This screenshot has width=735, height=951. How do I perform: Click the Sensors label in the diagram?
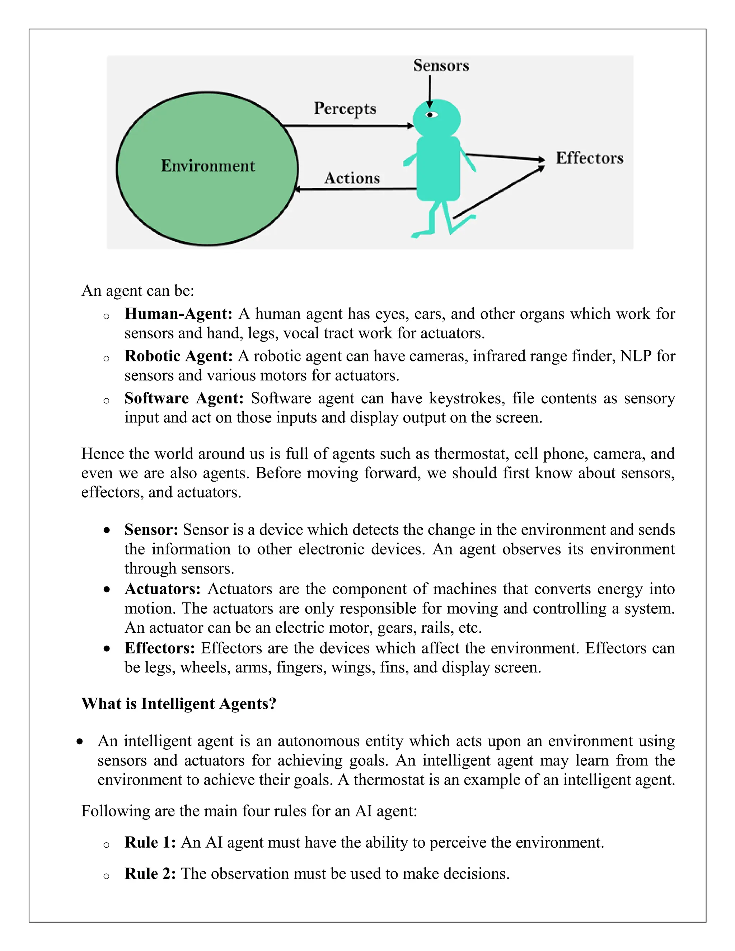coord(441,66)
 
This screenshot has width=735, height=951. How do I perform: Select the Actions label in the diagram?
coord(352,178)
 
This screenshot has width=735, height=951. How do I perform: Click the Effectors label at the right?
coord(589,158)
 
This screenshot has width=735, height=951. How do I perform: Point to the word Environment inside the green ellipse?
coord(208,166)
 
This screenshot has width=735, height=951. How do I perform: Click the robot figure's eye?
coord(431,115)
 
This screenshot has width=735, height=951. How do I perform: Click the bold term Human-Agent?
coord(178,314)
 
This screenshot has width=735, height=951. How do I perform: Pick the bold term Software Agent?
coord(184,398)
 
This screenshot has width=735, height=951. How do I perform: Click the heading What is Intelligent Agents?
coord(178,704)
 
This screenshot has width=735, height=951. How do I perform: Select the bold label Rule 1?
coord(150,843)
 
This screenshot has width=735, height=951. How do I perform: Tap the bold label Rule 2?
coord(150,874)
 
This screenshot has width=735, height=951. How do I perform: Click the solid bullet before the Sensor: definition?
coord(107,530)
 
